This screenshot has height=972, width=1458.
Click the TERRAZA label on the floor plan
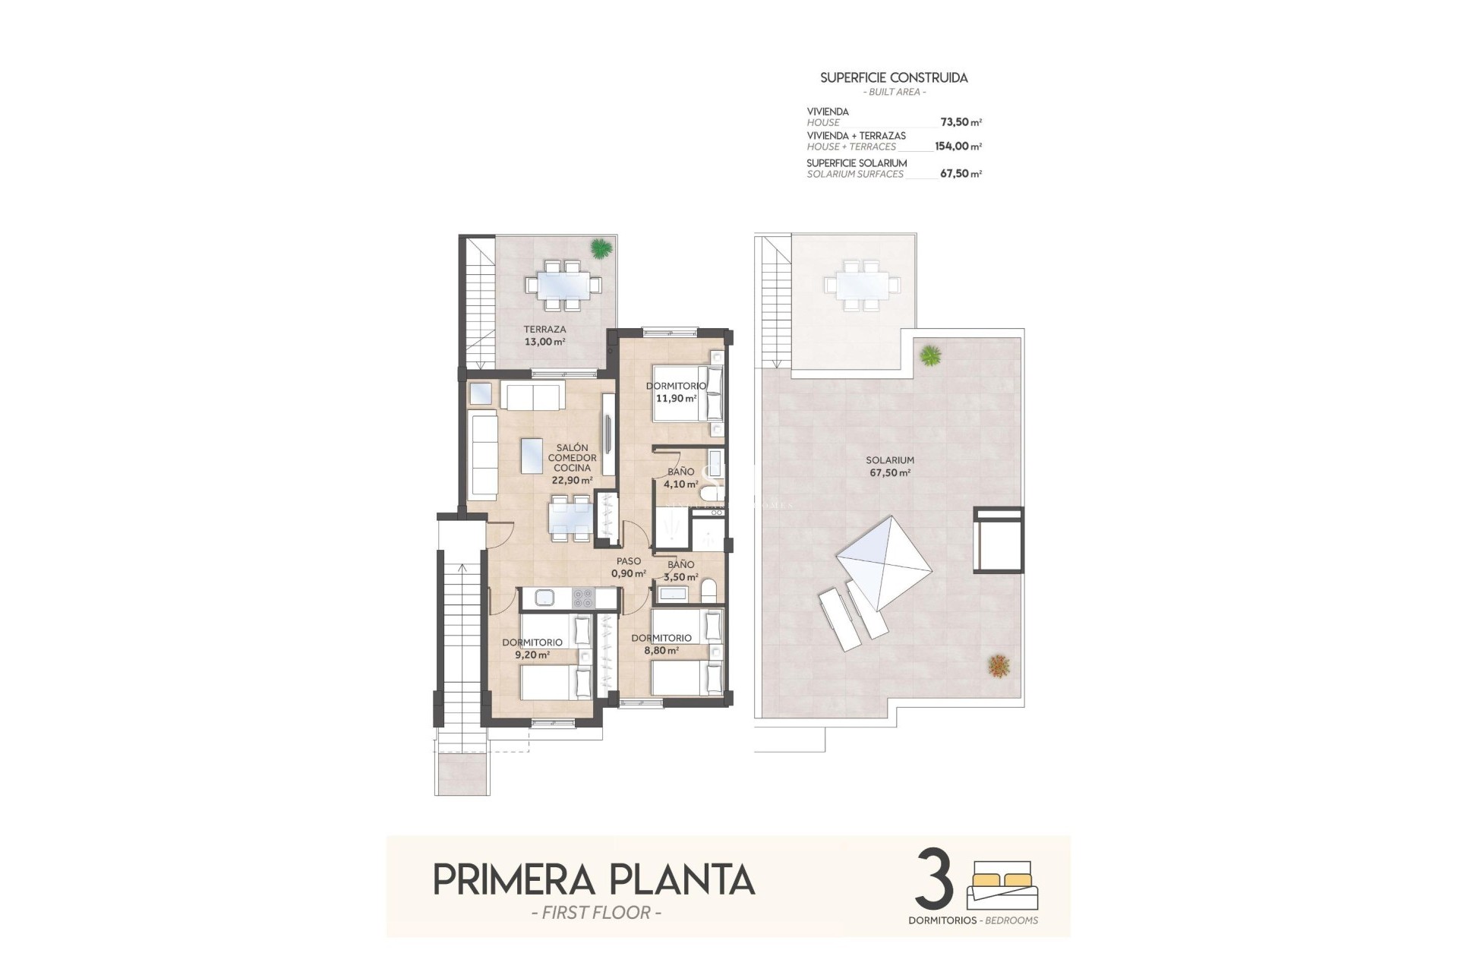click(544, 330)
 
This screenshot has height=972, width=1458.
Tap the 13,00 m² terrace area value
click(544, 342)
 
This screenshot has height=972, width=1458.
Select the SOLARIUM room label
click(890, 460)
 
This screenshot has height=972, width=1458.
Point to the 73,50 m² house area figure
click(961, 122)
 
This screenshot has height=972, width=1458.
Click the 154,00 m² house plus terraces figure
click(958, 147)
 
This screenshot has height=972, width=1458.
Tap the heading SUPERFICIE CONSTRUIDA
click(894, 77)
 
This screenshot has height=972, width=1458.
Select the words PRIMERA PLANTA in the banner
click(594, 880)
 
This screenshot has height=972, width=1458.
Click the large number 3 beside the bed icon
click(935, 880)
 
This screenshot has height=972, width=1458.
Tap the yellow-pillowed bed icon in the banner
click(1002, 885)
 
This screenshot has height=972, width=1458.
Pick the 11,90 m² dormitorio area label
click(676, 398)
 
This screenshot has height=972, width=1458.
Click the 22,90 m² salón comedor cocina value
click(572, 481)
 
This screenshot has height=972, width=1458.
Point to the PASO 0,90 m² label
click(629, 568)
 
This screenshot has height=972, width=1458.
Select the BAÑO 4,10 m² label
click(680, 478)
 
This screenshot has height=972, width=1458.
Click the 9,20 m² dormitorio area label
click(532, 654)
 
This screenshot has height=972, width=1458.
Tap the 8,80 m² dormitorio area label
click(661, 650)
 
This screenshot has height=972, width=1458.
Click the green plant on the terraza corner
click(601, 248)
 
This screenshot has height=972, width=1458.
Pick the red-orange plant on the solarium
click(999, 666)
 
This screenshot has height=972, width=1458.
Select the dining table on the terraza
click(563, 285)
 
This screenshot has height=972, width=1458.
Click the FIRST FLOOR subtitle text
click(596, 913)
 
